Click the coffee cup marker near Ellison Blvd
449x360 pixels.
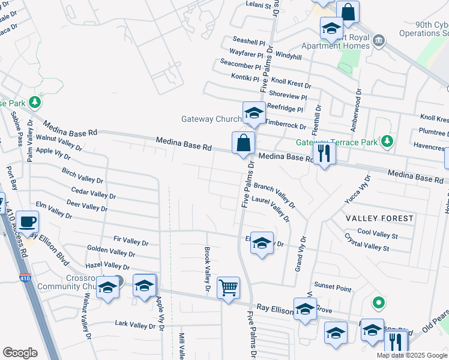pos(27,221)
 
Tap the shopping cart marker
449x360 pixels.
pos(228,287)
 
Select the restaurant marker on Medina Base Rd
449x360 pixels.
pos(324,153)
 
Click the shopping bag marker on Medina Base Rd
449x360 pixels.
pos(244,143)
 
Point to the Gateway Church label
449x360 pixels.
pos(211,119)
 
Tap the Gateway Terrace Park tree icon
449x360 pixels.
pos(388,142)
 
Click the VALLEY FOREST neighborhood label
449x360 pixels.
pos(379,218)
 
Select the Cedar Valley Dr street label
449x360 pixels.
pos(93,192)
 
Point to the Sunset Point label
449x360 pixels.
pos(333,289)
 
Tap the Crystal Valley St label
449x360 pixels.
pos(371,247)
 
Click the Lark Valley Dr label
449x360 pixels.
pos(135,325)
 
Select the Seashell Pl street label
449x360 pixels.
pos(249,43)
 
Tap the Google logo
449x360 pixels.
pos(20,353)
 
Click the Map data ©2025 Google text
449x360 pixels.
pos(411,355)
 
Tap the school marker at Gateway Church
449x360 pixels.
pos(254,113)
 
